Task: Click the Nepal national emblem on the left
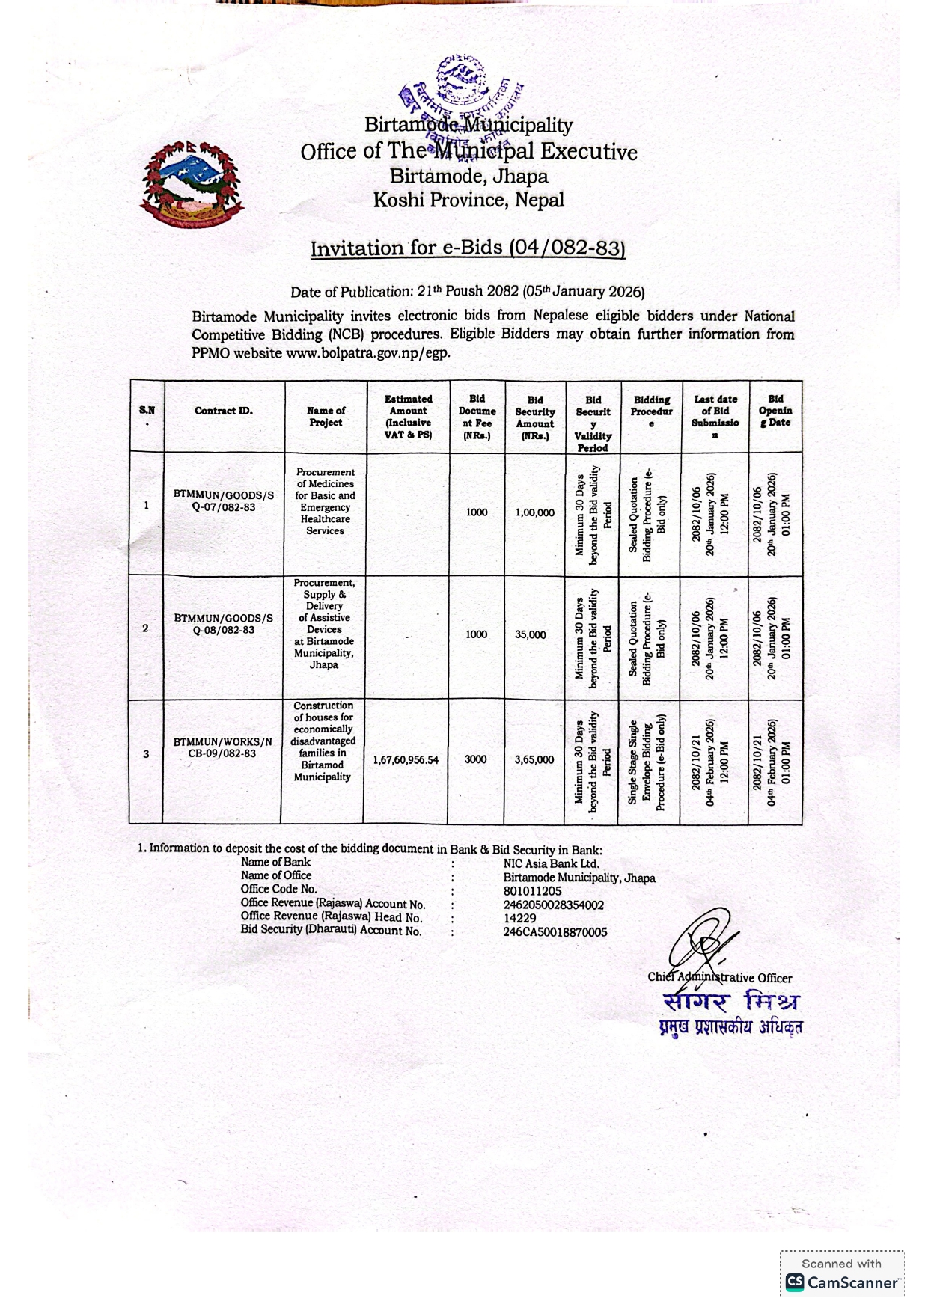click(192, 183)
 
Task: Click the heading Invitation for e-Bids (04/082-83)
click(468, 248)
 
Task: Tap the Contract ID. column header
click(224, 411)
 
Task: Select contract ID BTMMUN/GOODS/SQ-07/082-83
click(224, 501)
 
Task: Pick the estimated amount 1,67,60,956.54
click(406, 759)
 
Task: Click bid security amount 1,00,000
click(535, 512)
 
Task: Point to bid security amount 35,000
click(531, 634)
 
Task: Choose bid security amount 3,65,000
click(534, 759)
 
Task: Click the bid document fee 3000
click(476, 759)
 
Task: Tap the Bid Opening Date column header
click(775, 411)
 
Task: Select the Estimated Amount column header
click(408, 417)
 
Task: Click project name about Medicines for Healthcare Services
click(325, 501)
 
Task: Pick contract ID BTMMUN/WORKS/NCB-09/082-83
click(223, 747)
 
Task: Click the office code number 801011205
click(532, 891)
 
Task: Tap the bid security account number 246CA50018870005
click(555, 932)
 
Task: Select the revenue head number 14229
click(519, 918)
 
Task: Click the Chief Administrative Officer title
click(719, 977)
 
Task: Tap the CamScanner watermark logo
click(842, 1282)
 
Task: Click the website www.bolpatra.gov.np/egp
click(368, 352)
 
